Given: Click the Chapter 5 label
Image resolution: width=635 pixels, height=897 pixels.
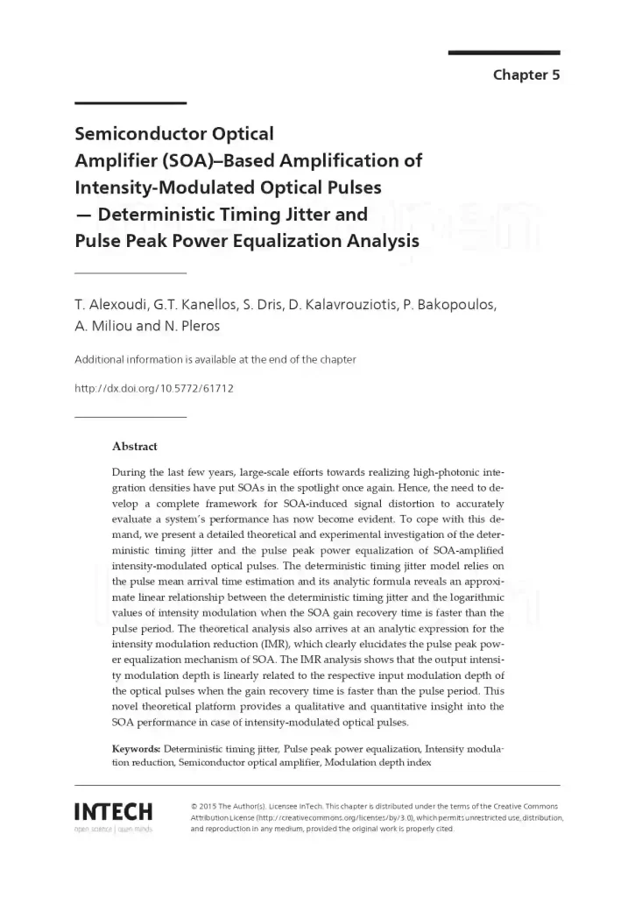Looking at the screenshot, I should pyautogui.click(x=526, y=74).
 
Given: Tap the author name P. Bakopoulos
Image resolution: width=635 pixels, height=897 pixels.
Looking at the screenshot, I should pyautogui.click(x=449, y=306).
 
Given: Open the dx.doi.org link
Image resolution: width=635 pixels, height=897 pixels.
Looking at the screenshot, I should pyautogui.click(x=153, y=387).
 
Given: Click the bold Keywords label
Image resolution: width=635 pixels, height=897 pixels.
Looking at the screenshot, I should pyautogui.click(x=136, y=750).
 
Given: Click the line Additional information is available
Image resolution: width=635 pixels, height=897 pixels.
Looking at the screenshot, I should pyautogui.click(x=215, y=359).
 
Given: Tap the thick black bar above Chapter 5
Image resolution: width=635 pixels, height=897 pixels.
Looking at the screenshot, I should pyautogui.click(x=504, y=53).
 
